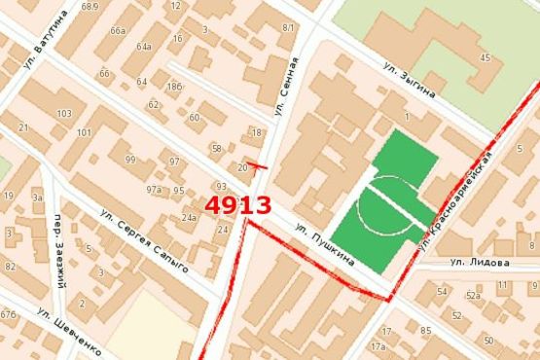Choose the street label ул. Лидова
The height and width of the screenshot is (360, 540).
pos(480,263)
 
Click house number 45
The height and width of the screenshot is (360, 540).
pos(485,58)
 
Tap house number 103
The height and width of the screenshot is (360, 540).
pos(65,114)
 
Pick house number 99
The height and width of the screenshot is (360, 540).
pos(130,160)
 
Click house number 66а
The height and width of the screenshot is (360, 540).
pos(118,31)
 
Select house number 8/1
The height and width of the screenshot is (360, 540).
pos(287,27)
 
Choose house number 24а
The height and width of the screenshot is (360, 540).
pos(188,218)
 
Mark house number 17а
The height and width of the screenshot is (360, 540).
pos(378,345)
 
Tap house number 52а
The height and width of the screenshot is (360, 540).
pos(474,294)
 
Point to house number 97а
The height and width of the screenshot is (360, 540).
pos(154,191)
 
